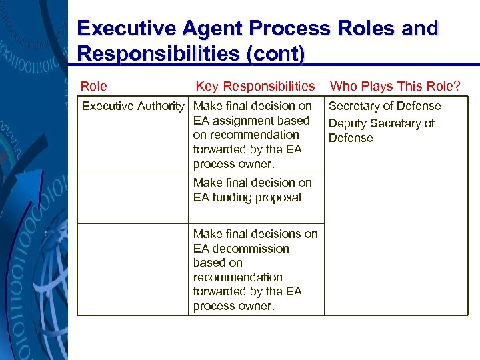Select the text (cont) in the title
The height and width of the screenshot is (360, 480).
(275, 53)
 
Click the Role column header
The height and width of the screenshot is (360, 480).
(93, 86)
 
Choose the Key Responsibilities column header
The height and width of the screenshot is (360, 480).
(255, 86)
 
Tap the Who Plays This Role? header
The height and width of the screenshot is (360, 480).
(395, 86)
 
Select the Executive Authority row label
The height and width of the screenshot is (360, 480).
(133, 106)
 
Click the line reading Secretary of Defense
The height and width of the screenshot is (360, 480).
(385, 106)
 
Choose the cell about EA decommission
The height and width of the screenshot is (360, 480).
(256, 269)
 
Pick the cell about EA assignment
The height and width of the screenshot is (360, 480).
(256, 135)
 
